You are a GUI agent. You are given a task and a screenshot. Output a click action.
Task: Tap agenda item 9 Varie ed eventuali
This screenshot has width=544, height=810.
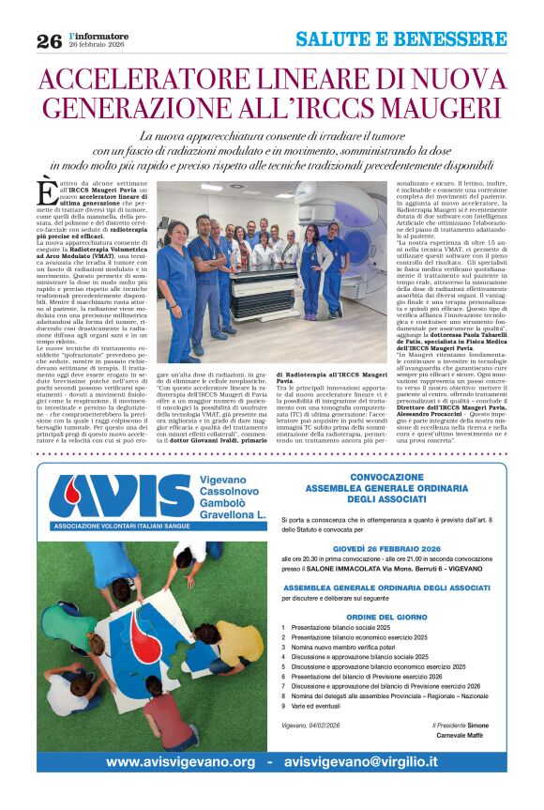coord(325,731)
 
